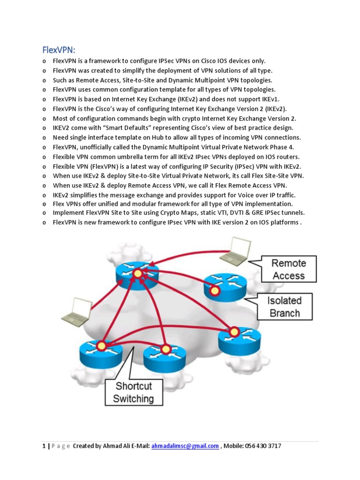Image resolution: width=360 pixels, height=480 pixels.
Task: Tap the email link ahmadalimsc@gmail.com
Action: pyautogui.click(x=185, y=446)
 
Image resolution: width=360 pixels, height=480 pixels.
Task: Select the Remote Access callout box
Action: pyautogui.click(x=289, y=270)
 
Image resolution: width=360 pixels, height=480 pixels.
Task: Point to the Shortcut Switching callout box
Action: pyautogui.click(x=134, y=392)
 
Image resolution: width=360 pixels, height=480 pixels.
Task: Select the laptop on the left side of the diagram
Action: pyautogui.click(x=76, y=311)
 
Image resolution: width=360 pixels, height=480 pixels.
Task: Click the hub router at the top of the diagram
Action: pyautogui.click(x=137, y=272)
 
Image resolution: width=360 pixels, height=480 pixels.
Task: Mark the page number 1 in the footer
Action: pyautogui.click(x=43, y=446)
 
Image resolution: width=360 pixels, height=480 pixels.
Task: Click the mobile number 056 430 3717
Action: pyautogui.click(x=262, y=446)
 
